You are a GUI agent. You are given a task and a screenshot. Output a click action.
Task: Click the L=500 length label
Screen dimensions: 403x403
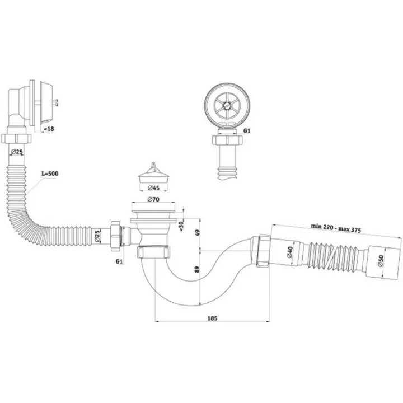[50, 174]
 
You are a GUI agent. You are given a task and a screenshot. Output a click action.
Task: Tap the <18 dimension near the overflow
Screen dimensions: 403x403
[49, 129]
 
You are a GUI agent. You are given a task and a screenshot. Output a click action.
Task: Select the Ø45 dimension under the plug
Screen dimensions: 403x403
[154, 188]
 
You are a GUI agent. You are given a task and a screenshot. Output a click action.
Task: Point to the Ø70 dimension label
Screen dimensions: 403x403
[153, 199]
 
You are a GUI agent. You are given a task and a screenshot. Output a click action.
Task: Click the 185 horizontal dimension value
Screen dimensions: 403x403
[212, 318]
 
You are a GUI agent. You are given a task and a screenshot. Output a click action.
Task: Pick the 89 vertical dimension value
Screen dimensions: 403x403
[197, 269]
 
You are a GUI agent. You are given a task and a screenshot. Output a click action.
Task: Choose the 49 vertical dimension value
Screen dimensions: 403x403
[197, 233]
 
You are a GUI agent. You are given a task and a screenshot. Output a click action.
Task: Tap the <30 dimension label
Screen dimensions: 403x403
[181, 226]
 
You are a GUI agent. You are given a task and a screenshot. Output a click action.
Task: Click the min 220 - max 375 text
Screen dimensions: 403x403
[336, 228]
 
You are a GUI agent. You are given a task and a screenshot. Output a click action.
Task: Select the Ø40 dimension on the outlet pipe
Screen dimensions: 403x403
[290, 252]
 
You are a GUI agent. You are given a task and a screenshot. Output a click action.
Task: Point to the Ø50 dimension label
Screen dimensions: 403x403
[381, 261]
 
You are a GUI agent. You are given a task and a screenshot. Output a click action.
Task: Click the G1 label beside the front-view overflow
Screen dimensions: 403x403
[246, 131]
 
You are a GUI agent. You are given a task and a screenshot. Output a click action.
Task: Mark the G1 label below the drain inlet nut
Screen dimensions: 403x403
[119, 261]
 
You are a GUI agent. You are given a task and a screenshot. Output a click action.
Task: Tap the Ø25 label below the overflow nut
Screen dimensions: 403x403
[17, 152]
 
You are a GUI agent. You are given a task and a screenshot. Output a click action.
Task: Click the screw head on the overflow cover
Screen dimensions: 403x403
[56, 102]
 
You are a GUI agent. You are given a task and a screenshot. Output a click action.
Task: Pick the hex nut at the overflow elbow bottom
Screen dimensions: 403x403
[16, 138]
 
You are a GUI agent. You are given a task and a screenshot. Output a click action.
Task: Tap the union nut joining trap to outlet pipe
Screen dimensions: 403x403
[263, 250]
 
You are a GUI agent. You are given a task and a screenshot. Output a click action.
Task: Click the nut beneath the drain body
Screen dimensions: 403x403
[154, 252]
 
